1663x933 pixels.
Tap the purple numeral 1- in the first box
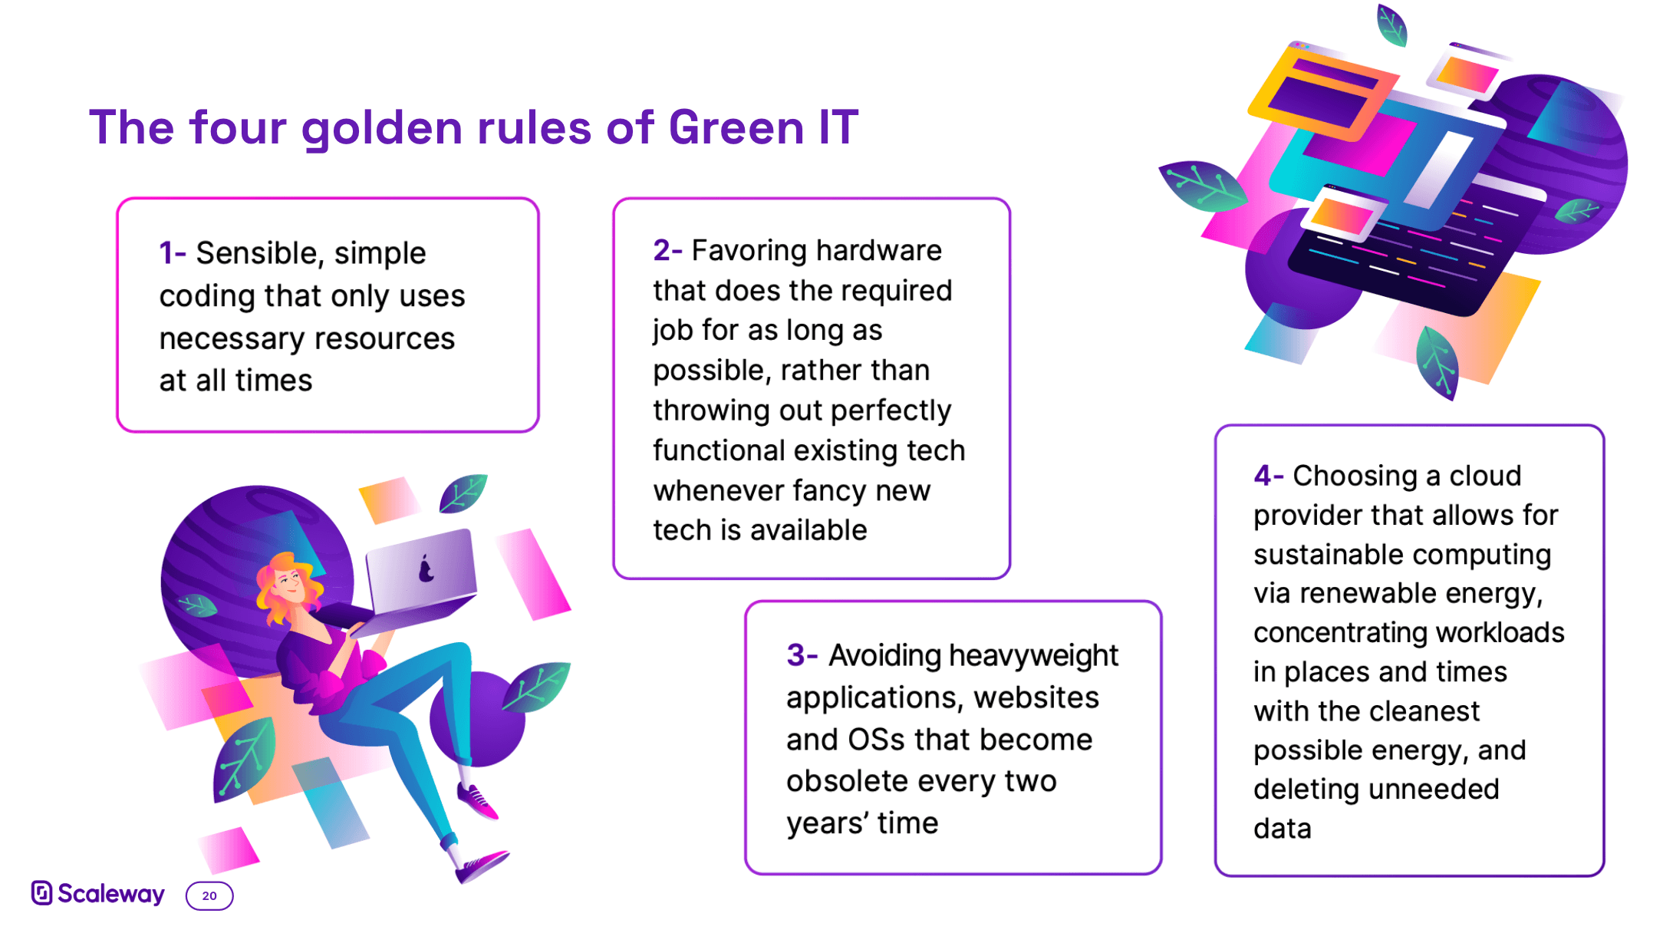pyautogui.click(x=173, y=253)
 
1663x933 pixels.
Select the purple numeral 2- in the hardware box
pyautogui.click(x=667, y=250)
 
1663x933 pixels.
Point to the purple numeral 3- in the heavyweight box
pyautogui.click(x=802, y=655)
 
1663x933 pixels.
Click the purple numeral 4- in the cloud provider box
pyautogui.click(x=1269, y=476)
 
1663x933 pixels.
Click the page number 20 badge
pyautogui.click(x=209, y=895)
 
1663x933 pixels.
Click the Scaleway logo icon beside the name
pyautogui.click(x=41, y=892)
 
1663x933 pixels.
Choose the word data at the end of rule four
pyautogui.click(x=1283, y=829)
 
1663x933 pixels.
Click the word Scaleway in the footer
pyautogui.click(x=111, y=894)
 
